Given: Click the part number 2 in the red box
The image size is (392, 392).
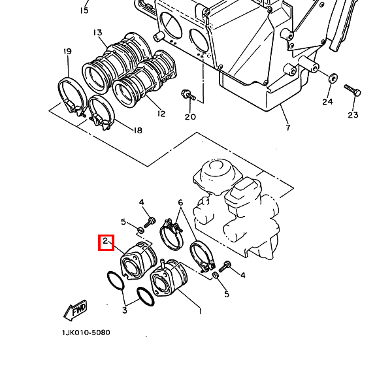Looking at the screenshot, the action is (105, 241).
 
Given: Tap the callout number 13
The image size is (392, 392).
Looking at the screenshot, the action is (98, 33).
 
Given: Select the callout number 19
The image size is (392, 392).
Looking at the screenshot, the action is (67, 52).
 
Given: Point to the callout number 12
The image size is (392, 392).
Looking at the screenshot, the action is (161, 114).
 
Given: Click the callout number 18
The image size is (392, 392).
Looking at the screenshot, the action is (138, 130).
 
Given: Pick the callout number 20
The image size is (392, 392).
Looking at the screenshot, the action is (190, 117).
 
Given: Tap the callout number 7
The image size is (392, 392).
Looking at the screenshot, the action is (288, 127).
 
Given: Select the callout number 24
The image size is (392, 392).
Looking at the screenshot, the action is (327, 102).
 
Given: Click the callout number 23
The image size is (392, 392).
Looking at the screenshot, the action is (353, 115).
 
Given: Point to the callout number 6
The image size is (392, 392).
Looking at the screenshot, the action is (180, 203).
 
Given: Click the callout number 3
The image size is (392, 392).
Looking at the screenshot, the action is (125, 310).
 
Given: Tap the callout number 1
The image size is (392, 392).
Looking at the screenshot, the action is (200, 311).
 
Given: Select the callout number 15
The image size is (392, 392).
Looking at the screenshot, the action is (84, 10).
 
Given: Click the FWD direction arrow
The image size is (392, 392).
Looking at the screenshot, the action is (75, 310).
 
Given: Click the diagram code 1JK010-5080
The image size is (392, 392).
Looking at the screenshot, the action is (86, 333).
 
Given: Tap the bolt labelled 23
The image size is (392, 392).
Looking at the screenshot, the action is (353, 90).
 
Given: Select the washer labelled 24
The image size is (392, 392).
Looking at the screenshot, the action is (333, 78).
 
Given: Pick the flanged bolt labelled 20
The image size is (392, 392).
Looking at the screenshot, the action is (188, 95).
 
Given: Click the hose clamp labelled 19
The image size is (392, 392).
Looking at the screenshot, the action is (71, 96).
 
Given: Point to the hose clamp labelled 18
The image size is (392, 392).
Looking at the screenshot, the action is (101, 112).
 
